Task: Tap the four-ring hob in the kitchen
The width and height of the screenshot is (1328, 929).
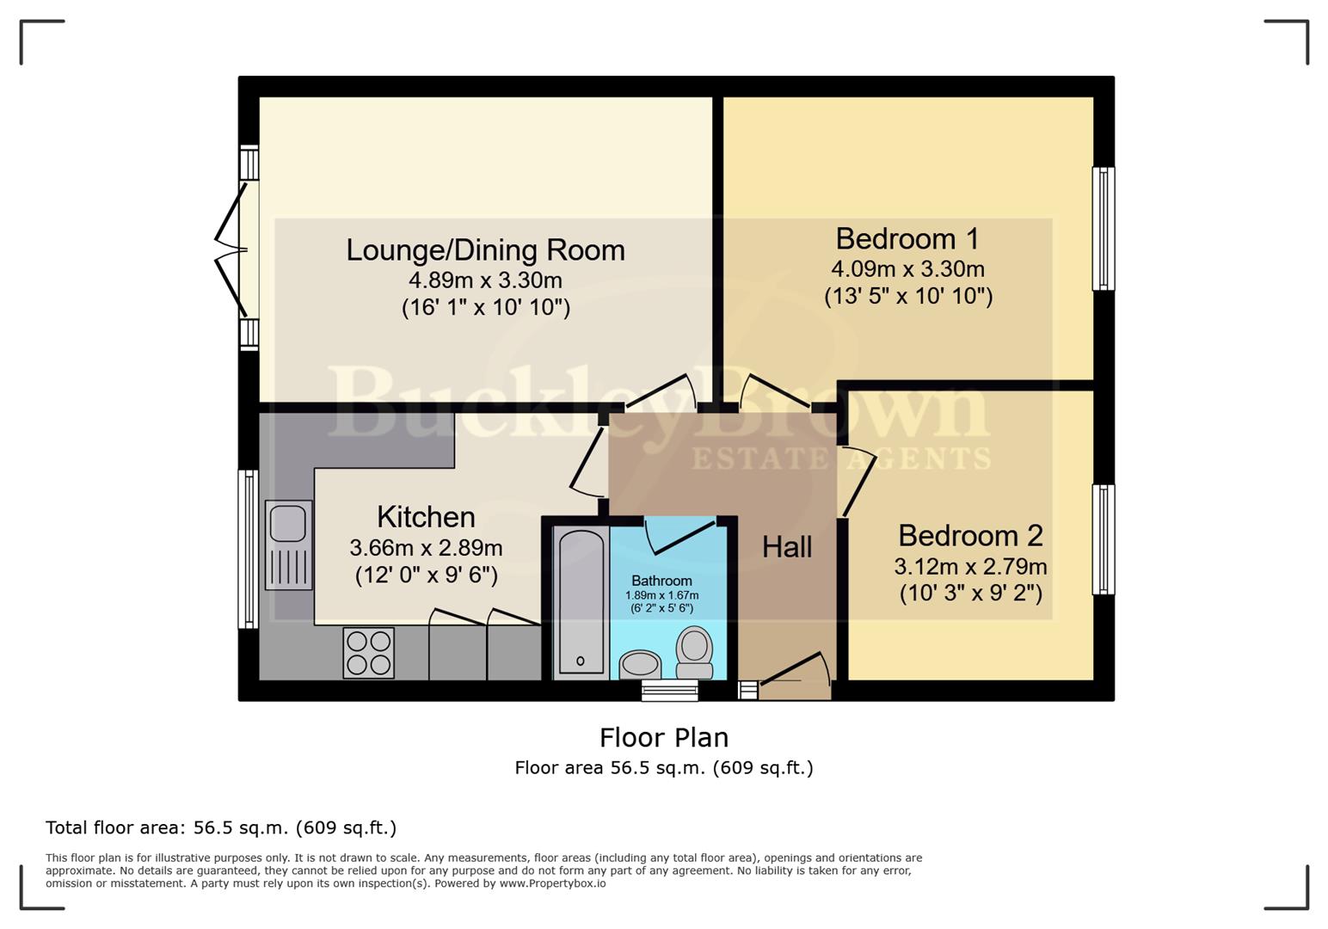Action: point(368,653)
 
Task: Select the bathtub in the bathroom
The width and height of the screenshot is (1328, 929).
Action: point(581,601)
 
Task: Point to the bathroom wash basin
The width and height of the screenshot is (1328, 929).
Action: point(640,664)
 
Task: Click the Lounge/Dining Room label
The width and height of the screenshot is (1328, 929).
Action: point(485,250)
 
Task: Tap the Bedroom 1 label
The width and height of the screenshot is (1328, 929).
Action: point(907,238)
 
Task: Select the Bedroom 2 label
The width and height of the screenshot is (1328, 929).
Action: point(970,536)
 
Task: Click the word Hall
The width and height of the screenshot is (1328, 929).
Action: point(786,547)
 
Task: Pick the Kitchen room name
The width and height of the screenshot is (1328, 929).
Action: point(426,517)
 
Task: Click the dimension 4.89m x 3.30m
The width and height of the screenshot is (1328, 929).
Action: point(485,280)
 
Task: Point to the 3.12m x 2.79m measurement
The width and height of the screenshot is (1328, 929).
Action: point(970,567)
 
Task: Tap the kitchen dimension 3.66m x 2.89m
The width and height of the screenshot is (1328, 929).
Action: point(426,548)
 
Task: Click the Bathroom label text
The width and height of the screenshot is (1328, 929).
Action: point(661,581)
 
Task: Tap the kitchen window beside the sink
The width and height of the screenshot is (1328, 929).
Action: point(248,549)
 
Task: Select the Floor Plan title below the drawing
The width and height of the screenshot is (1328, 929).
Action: point(663,738)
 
